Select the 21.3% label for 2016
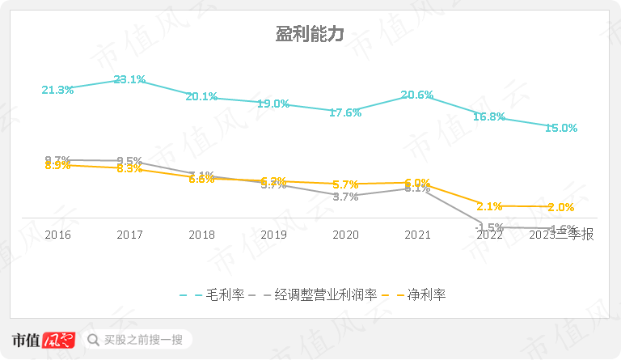click(x=57, y=90)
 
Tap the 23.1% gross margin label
click(x=129, y=79)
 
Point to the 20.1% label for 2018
click(x=201, y=96)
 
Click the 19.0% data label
click(x=273, y=104)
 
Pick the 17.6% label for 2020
click(x=345, y=112)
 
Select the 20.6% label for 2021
click(x=417, y=95)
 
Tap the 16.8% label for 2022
click(x=489, y=116)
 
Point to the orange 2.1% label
click(x=490, y=206)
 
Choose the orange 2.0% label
click(x=561, y=207)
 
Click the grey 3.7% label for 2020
click(x=345, y=197)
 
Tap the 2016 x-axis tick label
click(x=57, y=235)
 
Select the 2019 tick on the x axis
click(x=273, y=235)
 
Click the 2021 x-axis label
click(x=417, y=235)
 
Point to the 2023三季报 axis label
click(x=561, y=235)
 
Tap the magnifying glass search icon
click(x=93, y=339)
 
